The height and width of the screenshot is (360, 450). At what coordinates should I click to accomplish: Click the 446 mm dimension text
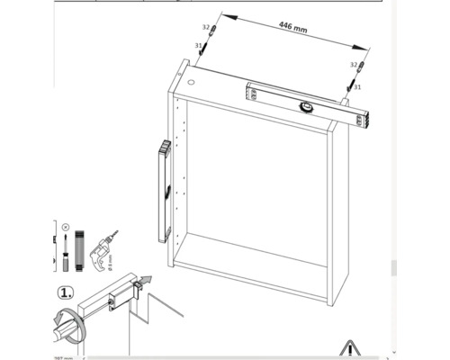tap(292, 29)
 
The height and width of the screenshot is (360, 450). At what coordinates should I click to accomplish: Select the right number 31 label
tap(358, 86)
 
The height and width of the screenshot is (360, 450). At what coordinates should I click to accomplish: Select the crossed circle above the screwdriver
tap(65, 227)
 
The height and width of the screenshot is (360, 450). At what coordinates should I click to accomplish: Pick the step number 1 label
tap(66, 293)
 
